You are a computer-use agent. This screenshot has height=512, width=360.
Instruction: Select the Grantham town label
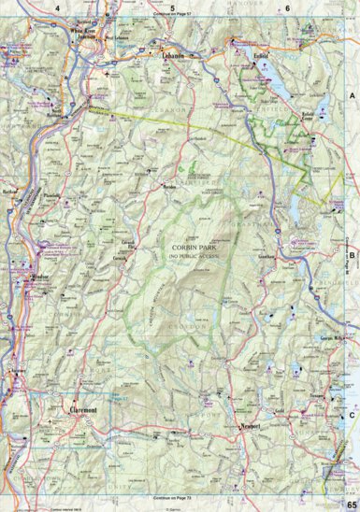point(269,255)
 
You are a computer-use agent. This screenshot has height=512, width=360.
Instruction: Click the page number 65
point(351,505)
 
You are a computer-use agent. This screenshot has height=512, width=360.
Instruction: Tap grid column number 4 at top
point(57,7)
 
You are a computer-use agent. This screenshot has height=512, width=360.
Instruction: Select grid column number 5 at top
point(172,7)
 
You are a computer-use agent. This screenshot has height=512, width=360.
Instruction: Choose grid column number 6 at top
point(287,7)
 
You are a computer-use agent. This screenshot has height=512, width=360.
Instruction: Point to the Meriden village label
point(170,187)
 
